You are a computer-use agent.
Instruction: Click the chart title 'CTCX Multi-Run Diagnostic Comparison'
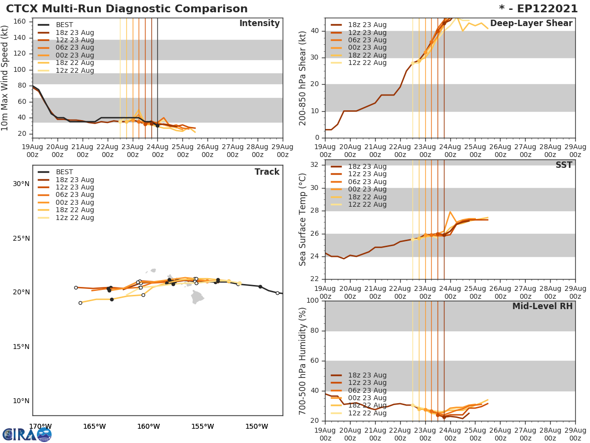[127, 9]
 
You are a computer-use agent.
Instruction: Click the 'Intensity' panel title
[259, 24]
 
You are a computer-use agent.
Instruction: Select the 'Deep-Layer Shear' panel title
[531, 24]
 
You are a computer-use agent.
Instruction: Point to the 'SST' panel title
[563, 165]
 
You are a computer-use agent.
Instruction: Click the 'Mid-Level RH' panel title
[542, 307]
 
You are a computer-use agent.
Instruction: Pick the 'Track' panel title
[267, 172]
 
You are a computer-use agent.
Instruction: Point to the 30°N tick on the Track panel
[21, 184]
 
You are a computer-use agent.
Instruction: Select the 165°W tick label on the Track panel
[94, 426]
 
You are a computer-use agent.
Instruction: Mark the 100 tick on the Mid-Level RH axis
[313, 301]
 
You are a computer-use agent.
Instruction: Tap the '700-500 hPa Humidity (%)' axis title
[303, 361]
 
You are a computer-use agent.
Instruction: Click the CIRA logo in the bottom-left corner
[27, 434]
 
